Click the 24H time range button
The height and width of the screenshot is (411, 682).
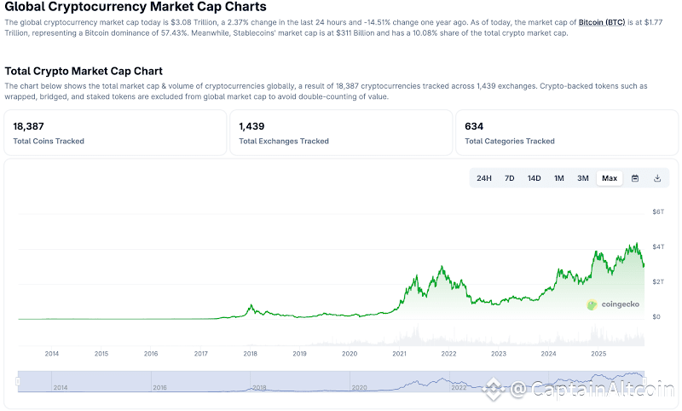(484, 178)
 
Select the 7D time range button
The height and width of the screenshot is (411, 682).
(510, 178)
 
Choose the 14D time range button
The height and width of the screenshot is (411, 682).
(535, 178)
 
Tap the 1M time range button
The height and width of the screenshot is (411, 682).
(559, 178)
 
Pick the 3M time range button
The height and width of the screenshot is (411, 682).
(583, 178)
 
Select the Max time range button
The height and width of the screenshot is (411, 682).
(610, 178)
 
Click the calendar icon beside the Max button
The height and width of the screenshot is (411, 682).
(635, 178)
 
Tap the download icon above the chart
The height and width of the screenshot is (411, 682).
(657, 178)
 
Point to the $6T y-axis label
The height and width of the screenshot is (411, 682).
(657, 211)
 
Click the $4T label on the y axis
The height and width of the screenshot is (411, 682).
(657, 246)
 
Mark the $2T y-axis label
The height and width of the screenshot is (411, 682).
(657, 281)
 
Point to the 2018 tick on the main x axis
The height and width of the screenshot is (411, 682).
(250, 353)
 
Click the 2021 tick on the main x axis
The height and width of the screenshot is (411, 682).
(399, 353)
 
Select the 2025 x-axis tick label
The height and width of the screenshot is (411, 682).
(598, 353)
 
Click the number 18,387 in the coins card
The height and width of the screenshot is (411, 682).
(29, 126)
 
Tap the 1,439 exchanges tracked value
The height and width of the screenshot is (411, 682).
(252, 126)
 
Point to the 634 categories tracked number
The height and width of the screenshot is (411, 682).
(474, 126)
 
